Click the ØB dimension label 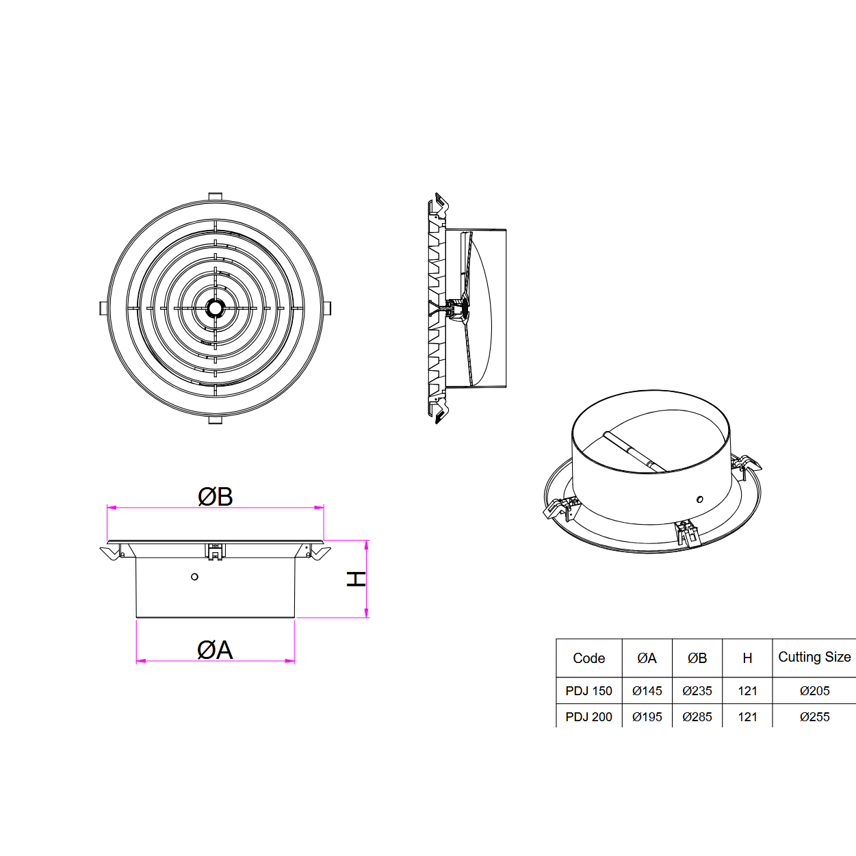point(216,496)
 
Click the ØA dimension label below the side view point(215,650)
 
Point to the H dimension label point(356,580)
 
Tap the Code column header point(588,658)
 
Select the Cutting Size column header point(814,657)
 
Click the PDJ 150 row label point(588,690)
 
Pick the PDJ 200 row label point(588,716)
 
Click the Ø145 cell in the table point(647,690)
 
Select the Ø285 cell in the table point(697,716)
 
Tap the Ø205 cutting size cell point(815,690)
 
